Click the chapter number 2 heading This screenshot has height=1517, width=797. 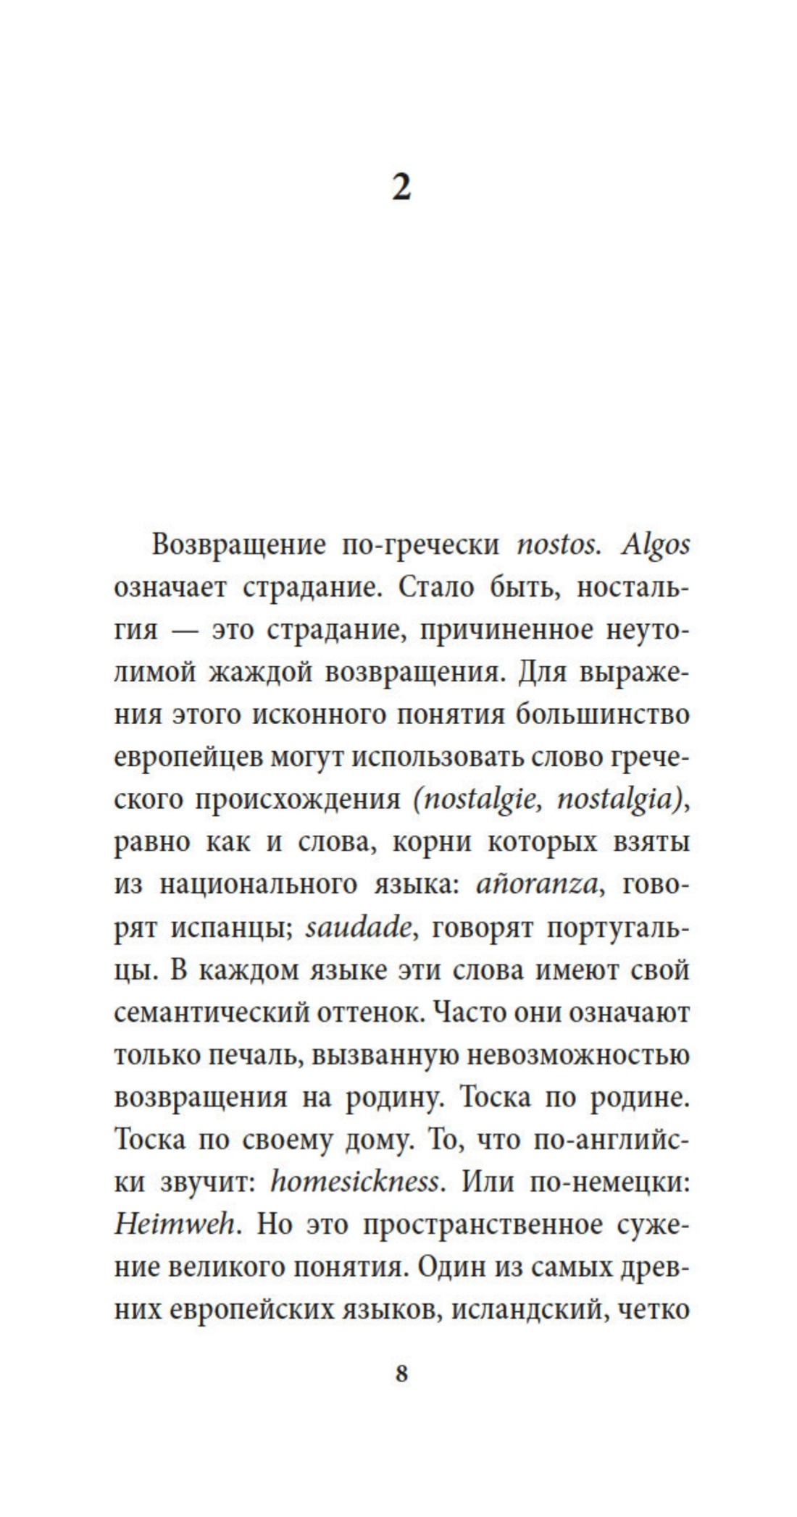[401, 188]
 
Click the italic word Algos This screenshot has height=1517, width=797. [655, 545]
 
